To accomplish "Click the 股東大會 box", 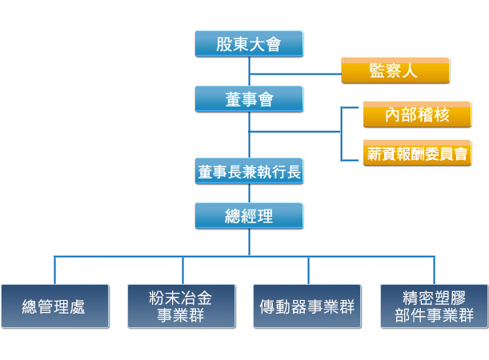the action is tap(249, 44).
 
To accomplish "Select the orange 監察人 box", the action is tap(395, 70).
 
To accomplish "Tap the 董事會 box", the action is tap(249, 99).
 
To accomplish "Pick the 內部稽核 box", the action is tap(417, 114).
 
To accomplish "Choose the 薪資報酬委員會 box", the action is tap(417, 153).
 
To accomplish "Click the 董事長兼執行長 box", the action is tap(249, 171).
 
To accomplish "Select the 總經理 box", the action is tap(249, 216).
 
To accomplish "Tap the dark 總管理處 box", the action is tap(55, 306).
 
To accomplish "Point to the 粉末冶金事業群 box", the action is tap(182, 306).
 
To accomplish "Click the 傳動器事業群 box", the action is tap(307, 306).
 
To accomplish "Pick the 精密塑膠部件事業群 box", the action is tap(435, 306).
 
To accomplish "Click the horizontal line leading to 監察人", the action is tap(295, 74).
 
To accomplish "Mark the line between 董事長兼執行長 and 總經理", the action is tap(249, 194).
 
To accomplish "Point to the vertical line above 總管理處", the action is tap(55, 270).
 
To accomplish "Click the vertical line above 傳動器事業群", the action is tap(308, 270).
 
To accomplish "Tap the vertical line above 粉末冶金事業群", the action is tap(182, 270).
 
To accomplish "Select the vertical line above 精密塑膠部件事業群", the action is tap(434, 270).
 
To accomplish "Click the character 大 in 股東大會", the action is tap(257, 44).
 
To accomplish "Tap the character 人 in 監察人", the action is tap(410, 70).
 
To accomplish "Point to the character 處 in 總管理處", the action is tap(77, 306).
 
